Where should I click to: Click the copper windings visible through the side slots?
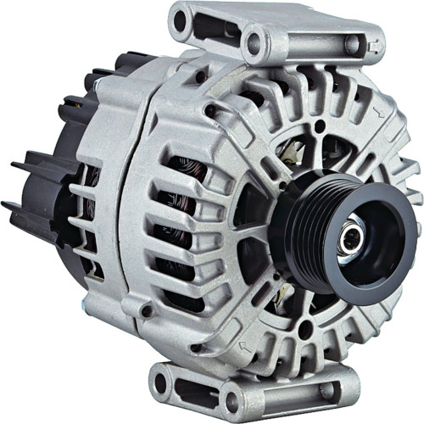[182, 212]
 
